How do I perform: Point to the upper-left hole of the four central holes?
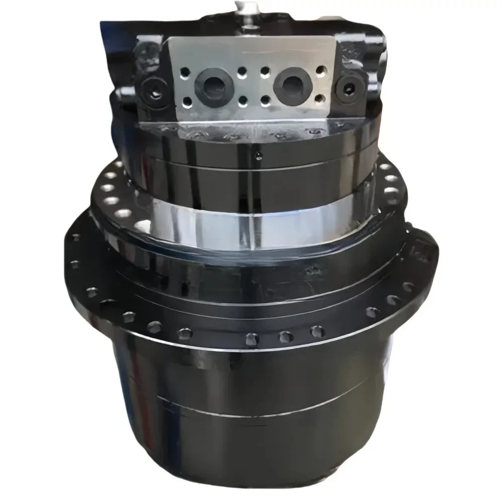coord(242,70)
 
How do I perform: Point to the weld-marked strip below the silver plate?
coord(251,132)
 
